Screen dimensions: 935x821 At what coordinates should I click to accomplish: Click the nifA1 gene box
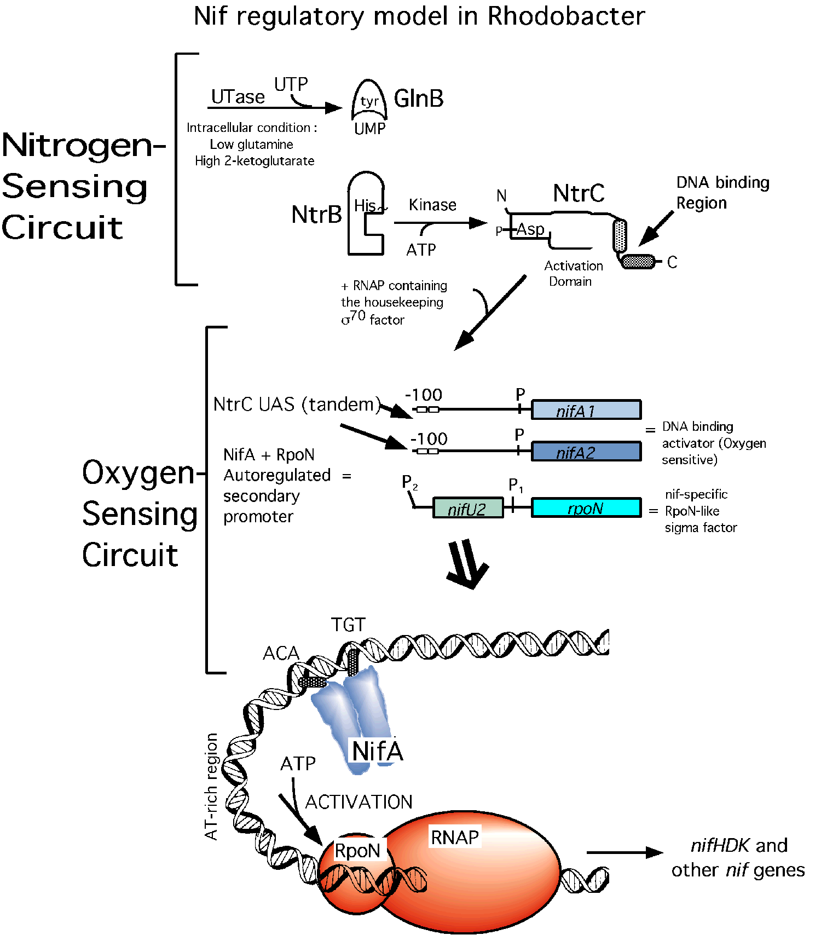point(586,410)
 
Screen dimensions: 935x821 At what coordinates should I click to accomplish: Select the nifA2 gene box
point(586,452)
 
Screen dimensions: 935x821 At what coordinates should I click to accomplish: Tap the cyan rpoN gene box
point(586,508)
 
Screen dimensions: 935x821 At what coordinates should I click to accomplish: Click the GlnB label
point(419,99)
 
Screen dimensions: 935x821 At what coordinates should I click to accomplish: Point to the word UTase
point(238,97)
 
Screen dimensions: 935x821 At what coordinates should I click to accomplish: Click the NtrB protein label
point(316,215)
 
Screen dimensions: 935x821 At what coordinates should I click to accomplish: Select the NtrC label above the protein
point(579,193)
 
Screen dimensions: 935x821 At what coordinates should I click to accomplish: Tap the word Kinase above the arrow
point(432,205)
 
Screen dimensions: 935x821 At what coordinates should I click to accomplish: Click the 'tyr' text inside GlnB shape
point(369,101)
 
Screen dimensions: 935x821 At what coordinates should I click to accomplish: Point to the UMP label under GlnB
point(370,129)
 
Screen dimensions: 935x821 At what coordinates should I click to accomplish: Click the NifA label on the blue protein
point(377,751)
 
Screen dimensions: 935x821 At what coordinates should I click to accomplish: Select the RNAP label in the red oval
point(454,838)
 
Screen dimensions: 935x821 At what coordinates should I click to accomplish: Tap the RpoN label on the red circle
point(357,851)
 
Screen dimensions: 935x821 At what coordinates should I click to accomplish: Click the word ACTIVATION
point(359,802)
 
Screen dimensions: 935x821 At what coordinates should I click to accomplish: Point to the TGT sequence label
point(348,625)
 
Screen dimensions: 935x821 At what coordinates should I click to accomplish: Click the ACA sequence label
point(281,653)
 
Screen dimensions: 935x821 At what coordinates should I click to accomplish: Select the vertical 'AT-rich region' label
point(211,786)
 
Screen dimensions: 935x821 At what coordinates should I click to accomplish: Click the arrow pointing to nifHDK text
point(624,852)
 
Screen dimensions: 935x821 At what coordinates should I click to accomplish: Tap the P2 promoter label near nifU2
point(409,483)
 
